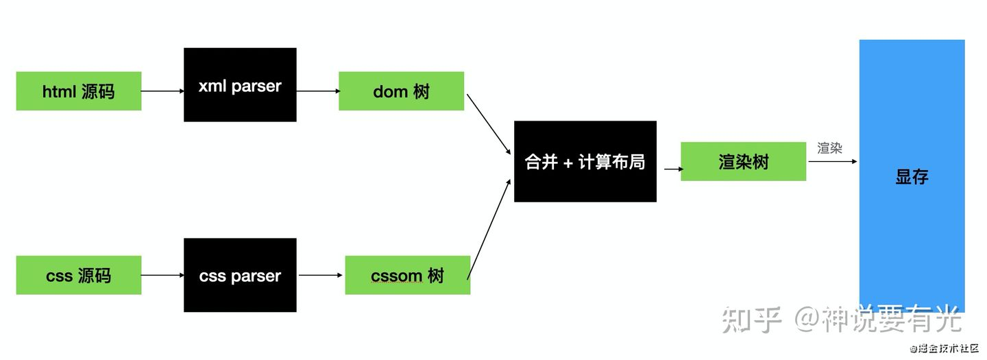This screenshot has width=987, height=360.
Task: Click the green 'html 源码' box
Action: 79,91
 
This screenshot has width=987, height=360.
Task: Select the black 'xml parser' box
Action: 240,84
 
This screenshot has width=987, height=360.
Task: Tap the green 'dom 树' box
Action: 402,91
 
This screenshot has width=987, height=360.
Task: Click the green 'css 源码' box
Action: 79,275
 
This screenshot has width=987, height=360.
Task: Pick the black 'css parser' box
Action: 240,275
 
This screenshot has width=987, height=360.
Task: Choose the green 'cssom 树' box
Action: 408,275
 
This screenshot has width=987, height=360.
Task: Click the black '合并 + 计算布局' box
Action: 585,161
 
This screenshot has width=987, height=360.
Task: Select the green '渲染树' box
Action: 743,161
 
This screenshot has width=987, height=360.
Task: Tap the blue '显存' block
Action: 912,176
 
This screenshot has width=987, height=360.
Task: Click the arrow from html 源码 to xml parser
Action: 162,91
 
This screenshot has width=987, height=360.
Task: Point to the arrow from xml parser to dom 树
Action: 318,91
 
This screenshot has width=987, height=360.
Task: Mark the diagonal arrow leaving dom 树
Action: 489,124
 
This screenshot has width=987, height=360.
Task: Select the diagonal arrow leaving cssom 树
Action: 489,229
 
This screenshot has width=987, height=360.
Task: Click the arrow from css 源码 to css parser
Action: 162,276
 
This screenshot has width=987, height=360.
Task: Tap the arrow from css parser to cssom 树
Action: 320,276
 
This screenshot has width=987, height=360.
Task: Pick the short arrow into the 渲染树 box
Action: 674,169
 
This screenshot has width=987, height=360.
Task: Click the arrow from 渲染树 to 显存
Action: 833,161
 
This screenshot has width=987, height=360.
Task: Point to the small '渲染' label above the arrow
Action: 829,148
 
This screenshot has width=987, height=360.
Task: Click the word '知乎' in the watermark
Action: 752,320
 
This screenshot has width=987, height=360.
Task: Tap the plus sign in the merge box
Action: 568,163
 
